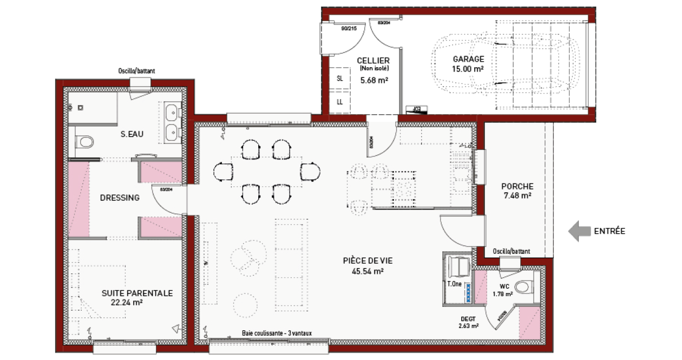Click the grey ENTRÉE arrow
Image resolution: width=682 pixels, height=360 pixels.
(x=578, y=231)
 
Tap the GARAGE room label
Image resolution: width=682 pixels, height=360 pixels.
(x=468, y=59)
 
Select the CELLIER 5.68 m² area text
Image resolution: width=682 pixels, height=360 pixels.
(x=373, y=80)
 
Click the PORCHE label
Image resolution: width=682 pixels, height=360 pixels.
(x=517, y=186)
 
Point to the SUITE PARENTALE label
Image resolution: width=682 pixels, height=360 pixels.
(x=137, y=293)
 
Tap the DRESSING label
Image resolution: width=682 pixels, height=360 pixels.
(x=120, y=198)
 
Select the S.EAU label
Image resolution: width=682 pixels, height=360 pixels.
(x=132, y=134)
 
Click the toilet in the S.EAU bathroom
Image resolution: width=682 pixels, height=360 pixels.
(x=84, y=142)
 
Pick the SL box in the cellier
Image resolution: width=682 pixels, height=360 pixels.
(x=340, y=78)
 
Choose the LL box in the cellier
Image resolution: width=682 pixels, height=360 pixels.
(x=340, y=102)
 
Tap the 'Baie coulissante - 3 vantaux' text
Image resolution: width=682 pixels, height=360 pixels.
(x=277, y=334)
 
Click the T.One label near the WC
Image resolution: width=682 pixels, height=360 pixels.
(x=454, y=284)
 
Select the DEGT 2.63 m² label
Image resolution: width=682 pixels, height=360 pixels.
(x=468, y=322)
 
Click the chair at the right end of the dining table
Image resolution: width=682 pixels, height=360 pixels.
(x=310, y=172)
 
